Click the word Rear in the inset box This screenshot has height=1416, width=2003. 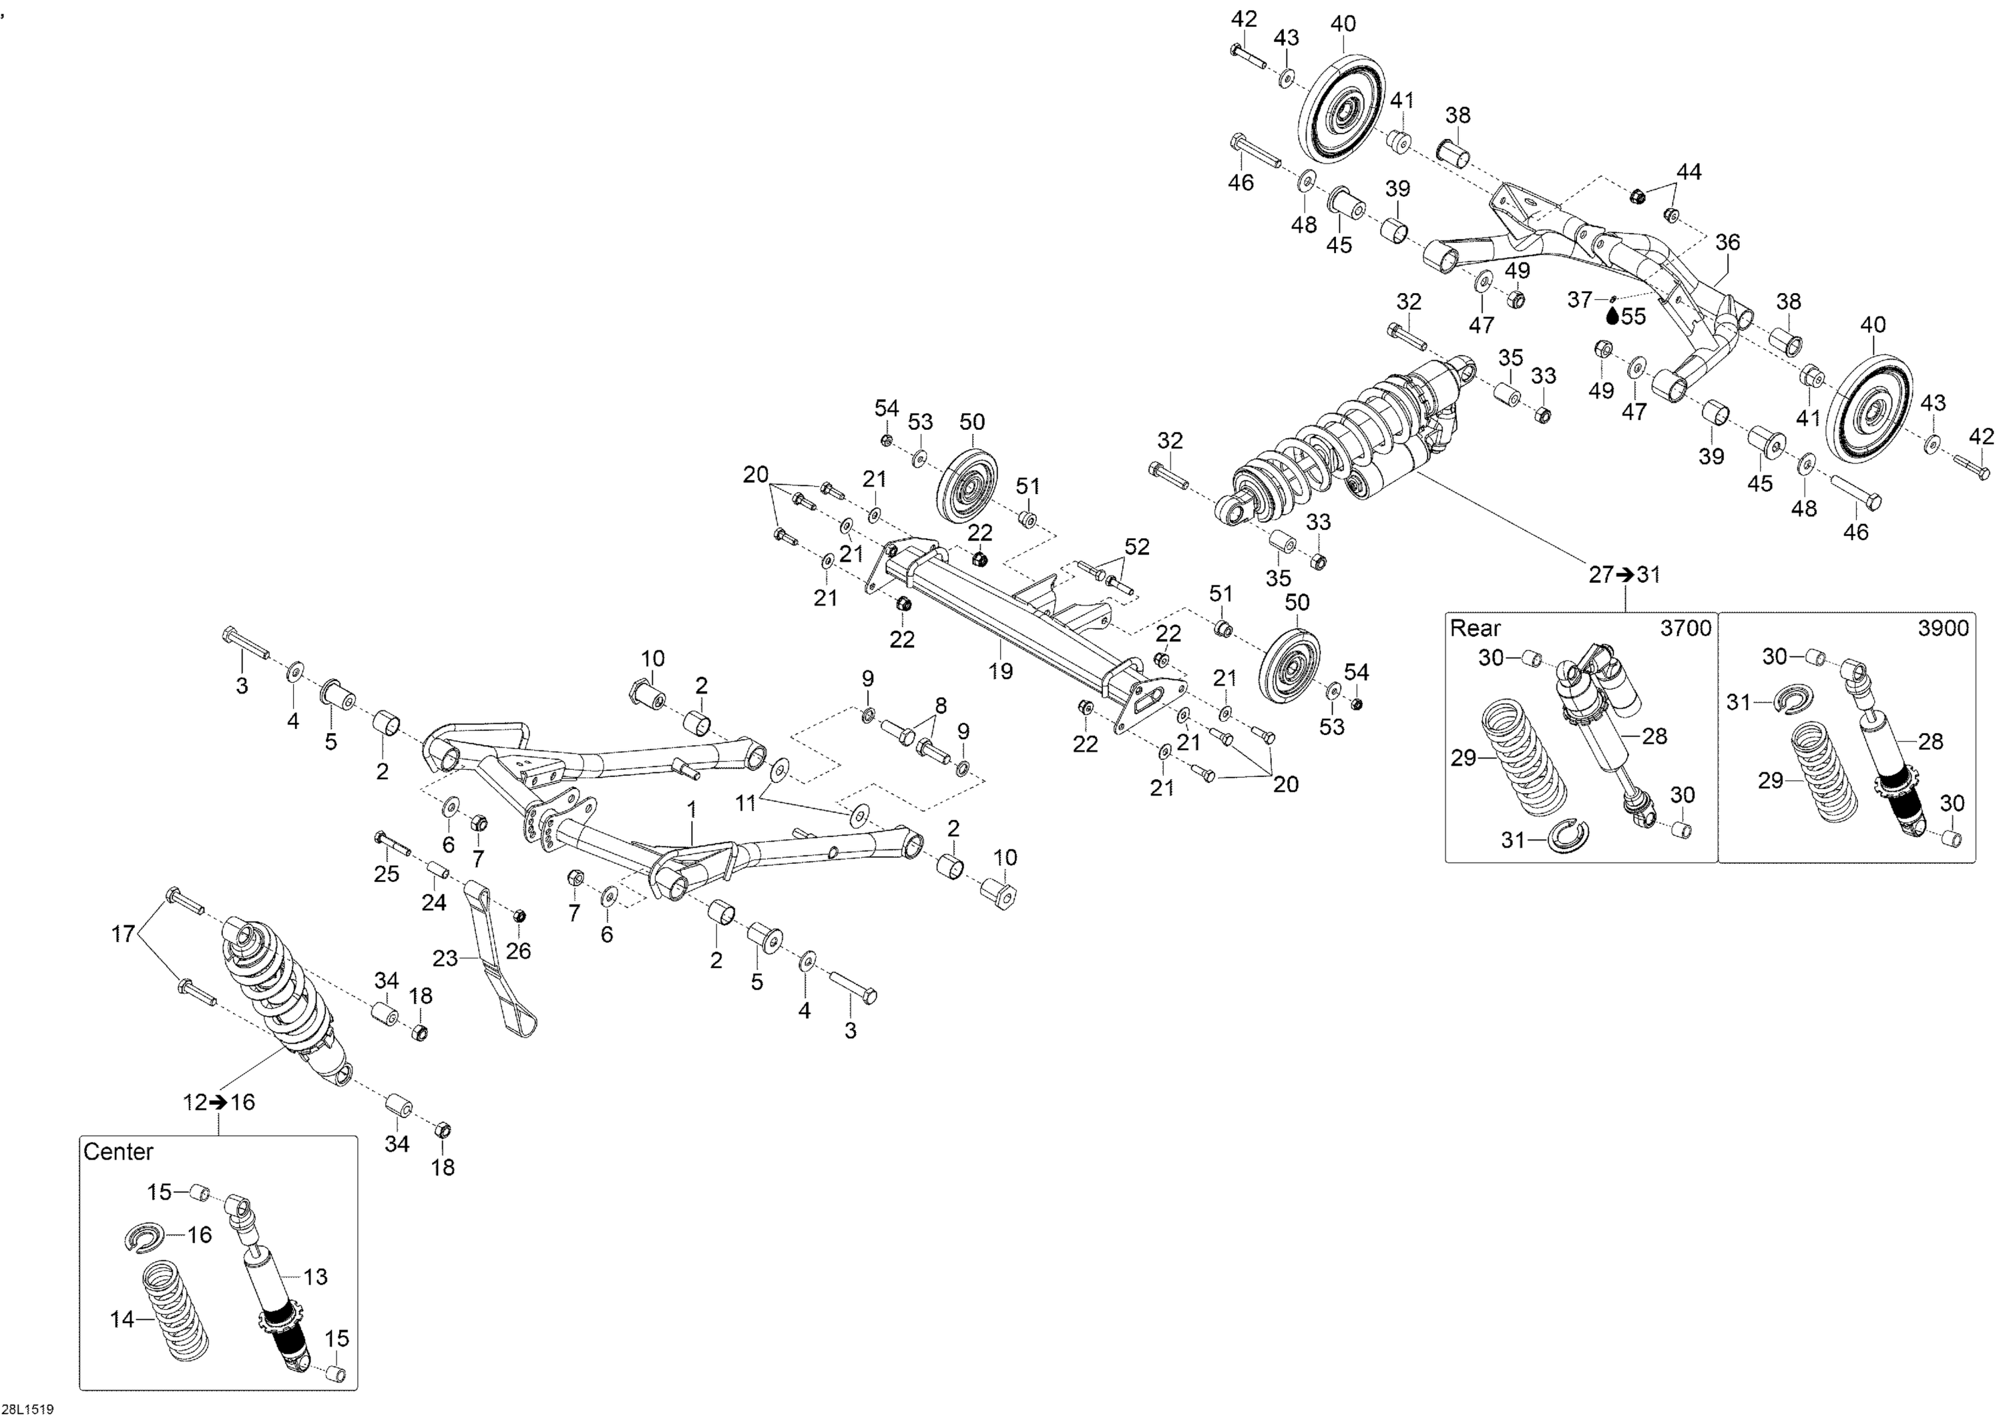tap(1475, 628)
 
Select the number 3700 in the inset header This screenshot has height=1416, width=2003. tap(1685, 628)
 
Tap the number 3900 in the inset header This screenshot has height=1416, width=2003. tap(1943, 628)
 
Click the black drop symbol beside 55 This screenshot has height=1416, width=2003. tap(1612, 315)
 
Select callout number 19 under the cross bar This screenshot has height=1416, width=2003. tap(1001, 670)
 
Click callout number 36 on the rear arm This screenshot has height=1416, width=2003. tap(1727, 242)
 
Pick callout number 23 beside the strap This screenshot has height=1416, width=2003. tap(445, 958)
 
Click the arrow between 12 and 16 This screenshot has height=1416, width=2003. tap(218, 1103)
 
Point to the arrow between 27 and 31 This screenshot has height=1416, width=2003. tap(1624, 575)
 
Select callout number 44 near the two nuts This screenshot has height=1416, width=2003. tap(1689, 172)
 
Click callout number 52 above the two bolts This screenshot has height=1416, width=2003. tap(1137, 547)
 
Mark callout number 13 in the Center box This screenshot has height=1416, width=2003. tap(315, 1276)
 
